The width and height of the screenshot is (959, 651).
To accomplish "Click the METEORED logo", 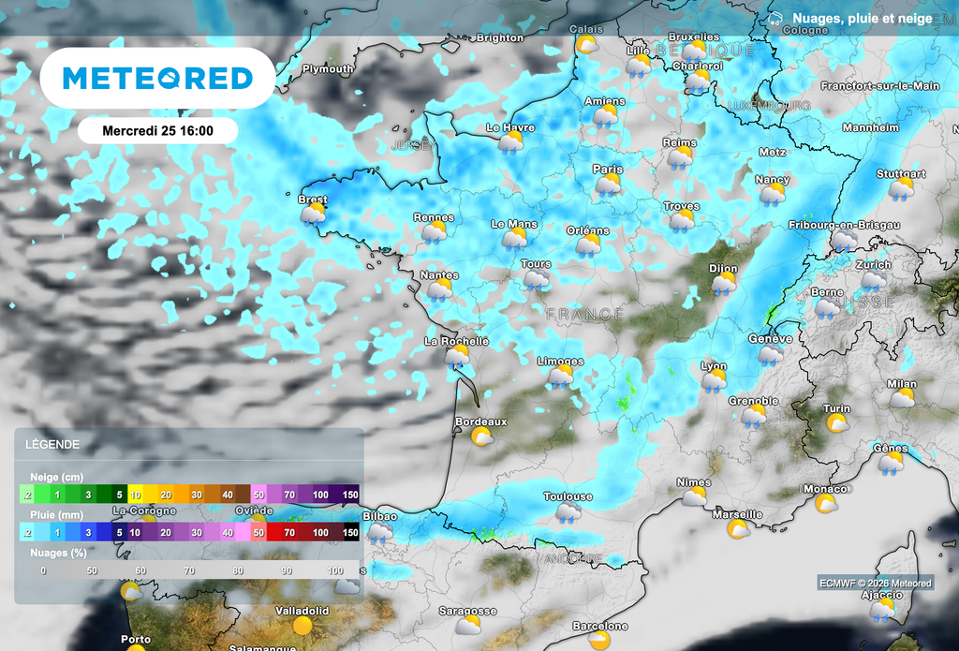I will point(157,78).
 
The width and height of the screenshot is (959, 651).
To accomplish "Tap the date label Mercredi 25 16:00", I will point(157,130).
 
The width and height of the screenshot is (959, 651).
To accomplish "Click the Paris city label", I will point(608,169).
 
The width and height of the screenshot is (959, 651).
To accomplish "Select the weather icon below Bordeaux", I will point(482,437).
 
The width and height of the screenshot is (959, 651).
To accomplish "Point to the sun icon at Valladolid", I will point(302,626).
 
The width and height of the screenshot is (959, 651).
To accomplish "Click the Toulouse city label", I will point(568,496).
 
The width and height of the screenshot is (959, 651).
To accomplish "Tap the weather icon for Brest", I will point(313,215).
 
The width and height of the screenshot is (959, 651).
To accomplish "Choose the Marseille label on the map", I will point(737,514).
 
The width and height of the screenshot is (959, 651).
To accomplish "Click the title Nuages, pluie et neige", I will point(862,19).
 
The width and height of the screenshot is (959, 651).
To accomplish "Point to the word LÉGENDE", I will point(52,444).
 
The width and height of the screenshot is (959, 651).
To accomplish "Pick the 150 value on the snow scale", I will point(350,495).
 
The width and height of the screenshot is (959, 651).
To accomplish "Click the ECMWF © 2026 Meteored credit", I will point(876,584).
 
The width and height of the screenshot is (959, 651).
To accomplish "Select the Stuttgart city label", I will point(901,174).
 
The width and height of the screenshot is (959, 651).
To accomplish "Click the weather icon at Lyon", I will point(714,381).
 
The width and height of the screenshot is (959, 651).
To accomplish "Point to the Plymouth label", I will point(328,69).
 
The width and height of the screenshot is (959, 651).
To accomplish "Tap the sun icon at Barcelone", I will point(599,641).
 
